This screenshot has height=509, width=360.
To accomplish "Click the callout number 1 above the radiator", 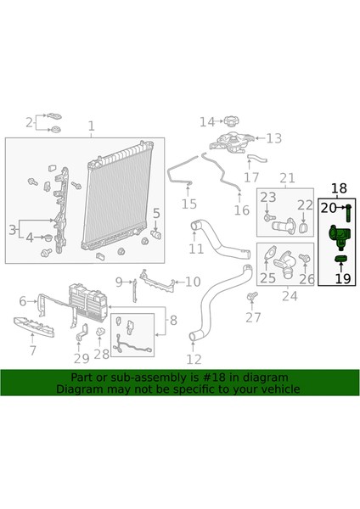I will pyautogui.click(x=92, y=128).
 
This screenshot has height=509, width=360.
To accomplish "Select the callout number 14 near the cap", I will pyautogui.click(x=208, y=122).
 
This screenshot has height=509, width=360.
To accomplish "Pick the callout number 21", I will pyautogui.click(x=287, y=177).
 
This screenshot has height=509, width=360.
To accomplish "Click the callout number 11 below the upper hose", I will pyautogui.click(x=196, y=249).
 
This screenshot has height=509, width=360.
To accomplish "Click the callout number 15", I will pyautogui.click(x=188, y=204).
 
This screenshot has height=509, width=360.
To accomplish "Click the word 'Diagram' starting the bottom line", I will pyautogui.click(x=81, y=389).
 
